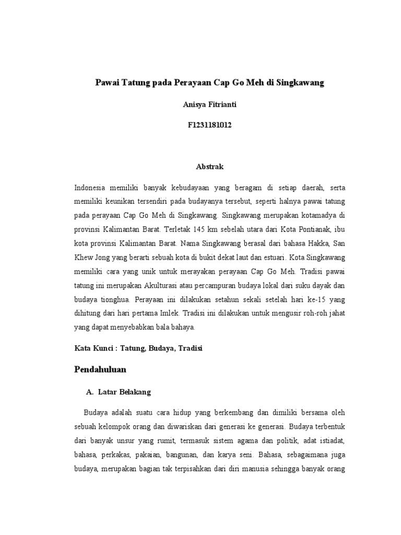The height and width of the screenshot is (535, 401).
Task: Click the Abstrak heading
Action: coord(201,167)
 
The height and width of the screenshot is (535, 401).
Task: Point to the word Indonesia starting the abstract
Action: coord(91,187)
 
